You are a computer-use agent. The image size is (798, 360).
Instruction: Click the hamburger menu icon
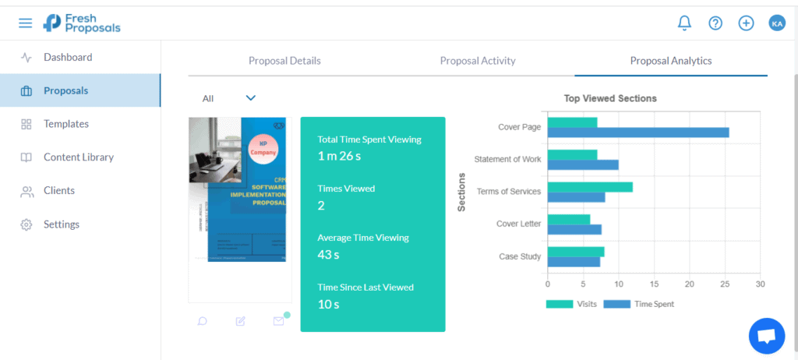pyautogui.click(x=26, y=23)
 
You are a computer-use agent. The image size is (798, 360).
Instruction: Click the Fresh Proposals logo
pyautogui.click(x=82, y=23)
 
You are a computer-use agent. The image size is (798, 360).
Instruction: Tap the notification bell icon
pyautogui.click(x=684, y=23)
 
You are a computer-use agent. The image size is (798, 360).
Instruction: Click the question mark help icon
pyautogui.click(x=715, y=23)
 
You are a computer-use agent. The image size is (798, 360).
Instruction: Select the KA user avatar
pyautogui.click(x=777, y=23)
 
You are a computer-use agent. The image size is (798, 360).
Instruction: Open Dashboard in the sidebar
pyautogui.click(x=67, y=57)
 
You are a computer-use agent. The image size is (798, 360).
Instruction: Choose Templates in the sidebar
pyautogui.click(x=65, y=124)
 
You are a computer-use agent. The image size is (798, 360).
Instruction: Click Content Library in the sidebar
pyautogui.click(x=78, y=157)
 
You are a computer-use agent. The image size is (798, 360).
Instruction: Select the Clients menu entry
pyautogui.click(x=59, y=191)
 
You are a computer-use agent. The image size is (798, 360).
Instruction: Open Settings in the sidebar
pyautogui.click(x=61, y=224)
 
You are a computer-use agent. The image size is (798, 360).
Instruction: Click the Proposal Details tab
pyautogui.click(x=284, y=61)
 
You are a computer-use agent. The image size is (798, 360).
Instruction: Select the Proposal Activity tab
pyautogui.click(x=478, y=61)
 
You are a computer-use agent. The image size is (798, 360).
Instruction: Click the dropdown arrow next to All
pyautogui.click(x=251, y=98)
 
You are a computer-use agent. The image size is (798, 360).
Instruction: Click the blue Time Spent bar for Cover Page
pyautogui.click(x=638, y=132)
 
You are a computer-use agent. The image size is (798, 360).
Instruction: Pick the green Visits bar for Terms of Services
pyautogui.click(x=590, y=187)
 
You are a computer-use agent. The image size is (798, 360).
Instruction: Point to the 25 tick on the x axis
pyautogui.click(x=725, y=284)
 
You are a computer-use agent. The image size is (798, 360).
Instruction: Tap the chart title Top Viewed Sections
pyautogui.click(x=610, y=99)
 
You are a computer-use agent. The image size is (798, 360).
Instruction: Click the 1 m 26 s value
pyautogui.click(x=339, y=156)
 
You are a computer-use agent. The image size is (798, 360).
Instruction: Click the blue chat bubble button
pyautogui.click(x=766, y=336)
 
